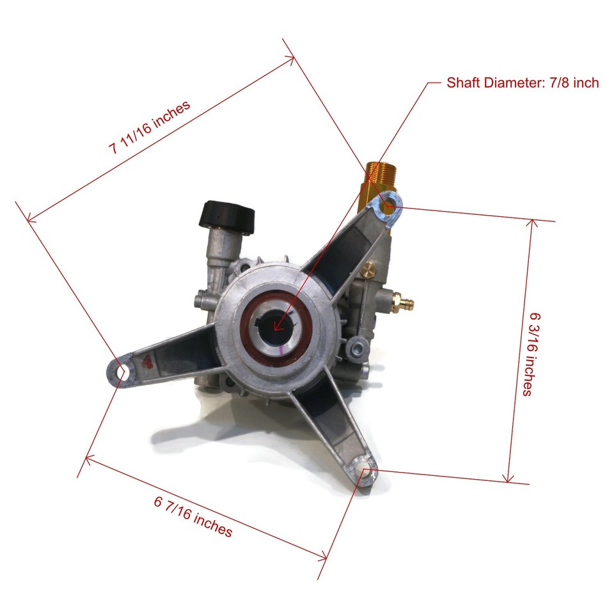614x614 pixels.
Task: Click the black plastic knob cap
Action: (228, 216)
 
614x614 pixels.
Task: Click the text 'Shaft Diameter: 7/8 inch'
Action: (523, 83)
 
